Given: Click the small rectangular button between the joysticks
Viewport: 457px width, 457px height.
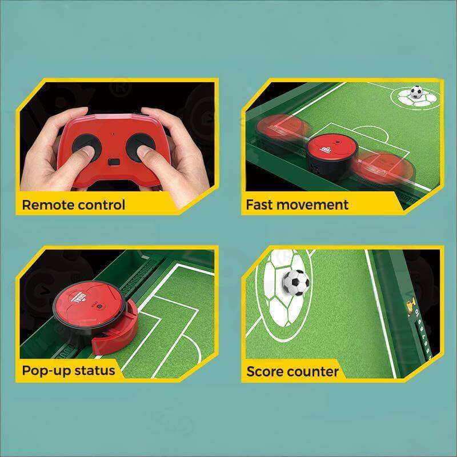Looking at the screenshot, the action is coord(114,162).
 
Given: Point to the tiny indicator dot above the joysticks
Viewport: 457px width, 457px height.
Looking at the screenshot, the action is coord(114,135).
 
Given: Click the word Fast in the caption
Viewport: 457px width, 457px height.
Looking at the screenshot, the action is coord(259,205).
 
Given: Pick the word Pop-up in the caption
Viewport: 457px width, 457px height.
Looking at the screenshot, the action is coord(46,371).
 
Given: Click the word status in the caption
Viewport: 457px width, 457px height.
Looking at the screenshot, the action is coord(94,371).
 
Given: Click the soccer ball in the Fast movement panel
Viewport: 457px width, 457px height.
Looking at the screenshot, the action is coord(416,92).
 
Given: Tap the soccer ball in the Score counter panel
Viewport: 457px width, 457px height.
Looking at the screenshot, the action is coord(296,282).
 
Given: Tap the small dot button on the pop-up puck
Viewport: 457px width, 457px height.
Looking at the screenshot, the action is coord(99,307).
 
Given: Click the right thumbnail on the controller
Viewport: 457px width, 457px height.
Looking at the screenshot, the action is coord(144,150).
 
